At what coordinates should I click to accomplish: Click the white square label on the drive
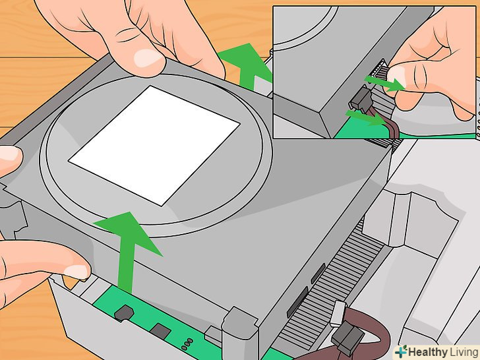(x=154, y=145)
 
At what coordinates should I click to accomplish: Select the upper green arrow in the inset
(x=385, y=84)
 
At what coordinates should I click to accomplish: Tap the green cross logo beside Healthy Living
(x=401, y=351)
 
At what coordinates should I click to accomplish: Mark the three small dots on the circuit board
(x=187, y=344)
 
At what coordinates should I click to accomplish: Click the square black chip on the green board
(x=160, y=332)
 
